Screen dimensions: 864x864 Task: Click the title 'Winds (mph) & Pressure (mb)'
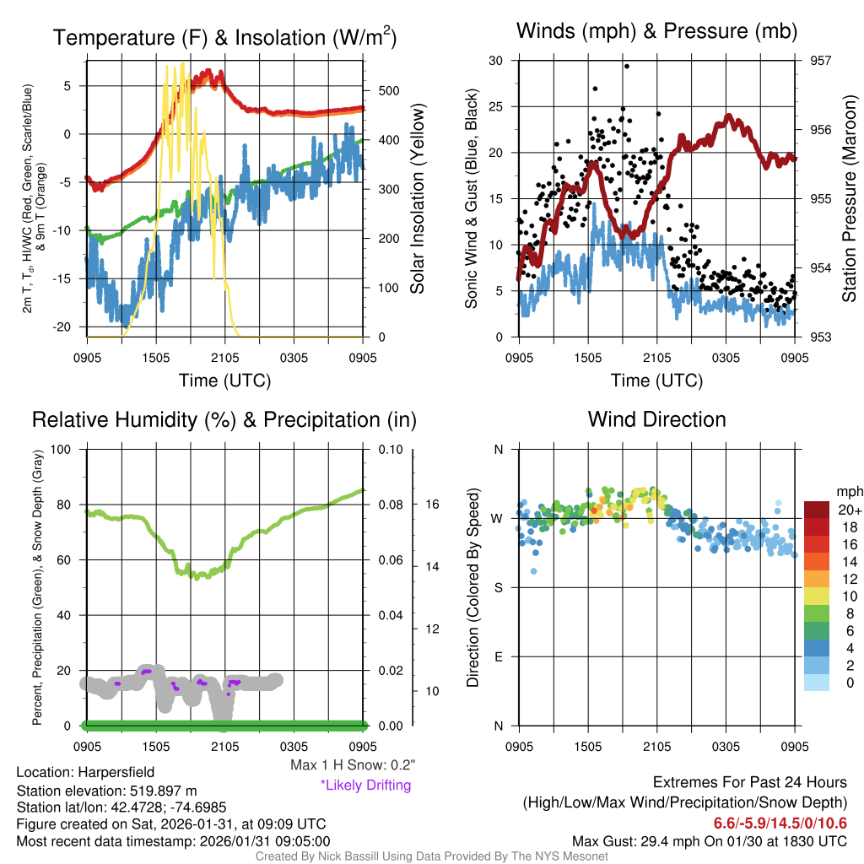pos(656,31)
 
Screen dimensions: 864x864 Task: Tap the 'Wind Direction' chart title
pos(656,419)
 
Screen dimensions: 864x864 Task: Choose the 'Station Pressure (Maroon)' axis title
pos(850,199)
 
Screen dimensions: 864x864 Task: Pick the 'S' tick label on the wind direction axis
pos(497,587)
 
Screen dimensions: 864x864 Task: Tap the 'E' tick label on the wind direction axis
pos(497,656)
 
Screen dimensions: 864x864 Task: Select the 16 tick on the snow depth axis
pos(431,505)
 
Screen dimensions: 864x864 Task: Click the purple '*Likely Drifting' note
pos(365,786)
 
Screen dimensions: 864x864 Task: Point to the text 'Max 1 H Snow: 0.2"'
pos(352,765)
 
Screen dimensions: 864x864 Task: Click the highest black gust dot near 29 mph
pos(626,66)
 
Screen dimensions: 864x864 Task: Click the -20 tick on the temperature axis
pos(67,327)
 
